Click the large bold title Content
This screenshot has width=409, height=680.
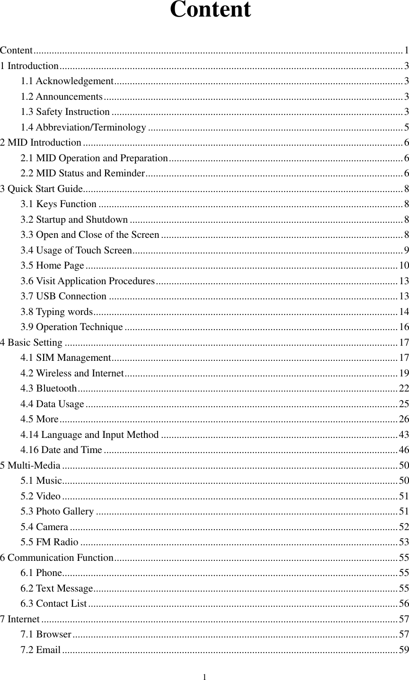pyautogui.click(x=210, y=10)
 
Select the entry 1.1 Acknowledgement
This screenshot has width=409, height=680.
pyautogui.click(x=67, y=81)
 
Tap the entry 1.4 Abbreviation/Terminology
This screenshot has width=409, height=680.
pyautogui.click(x=83, y=127)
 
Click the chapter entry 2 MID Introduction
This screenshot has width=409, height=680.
pyautogui.click(x=41, y=142)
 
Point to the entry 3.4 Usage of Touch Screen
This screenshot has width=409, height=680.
pyautogui.click(x=76, y=250)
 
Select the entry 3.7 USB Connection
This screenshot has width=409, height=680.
pyautogui.click(x=63, y=296)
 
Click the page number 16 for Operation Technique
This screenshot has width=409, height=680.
pyautogui.click(x=404, y=327)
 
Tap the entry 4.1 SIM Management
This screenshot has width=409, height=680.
pyautogui.click(x=66, y=358)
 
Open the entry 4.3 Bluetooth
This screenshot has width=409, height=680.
pyautogui.click(x=49, y=389)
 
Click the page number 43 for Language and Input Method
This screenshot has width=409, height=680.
pyautogui.click(x=404, y=435)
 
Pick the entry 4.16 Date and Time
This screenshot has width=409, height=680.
pyautogui.click(x=62, y=450)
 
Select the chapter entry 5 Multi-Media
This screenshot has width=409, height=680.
pyautogui.click(x=30, y=465)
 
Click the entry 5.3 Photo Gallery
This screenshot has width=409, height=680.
pyautogui.click(x=57, y=512)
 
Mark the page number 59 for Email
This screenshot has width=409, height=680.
pyautogui.click(x=404, y=650)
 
